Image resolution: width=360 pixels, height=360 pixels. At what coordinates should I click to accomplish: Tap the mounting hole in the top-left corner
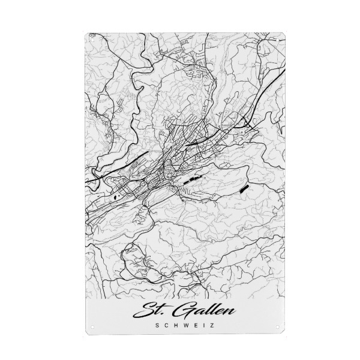[89, 37]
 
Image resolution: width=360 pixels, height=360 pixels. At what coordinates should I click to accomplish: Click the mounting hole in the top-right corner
[271, 37]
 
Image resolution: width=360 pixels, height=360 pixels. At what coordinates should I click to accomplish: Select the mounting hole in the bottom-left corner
[89, 327]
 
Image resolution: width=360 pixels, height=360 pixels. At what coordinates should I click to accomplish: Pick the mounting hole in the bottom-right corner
[271, 327]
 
